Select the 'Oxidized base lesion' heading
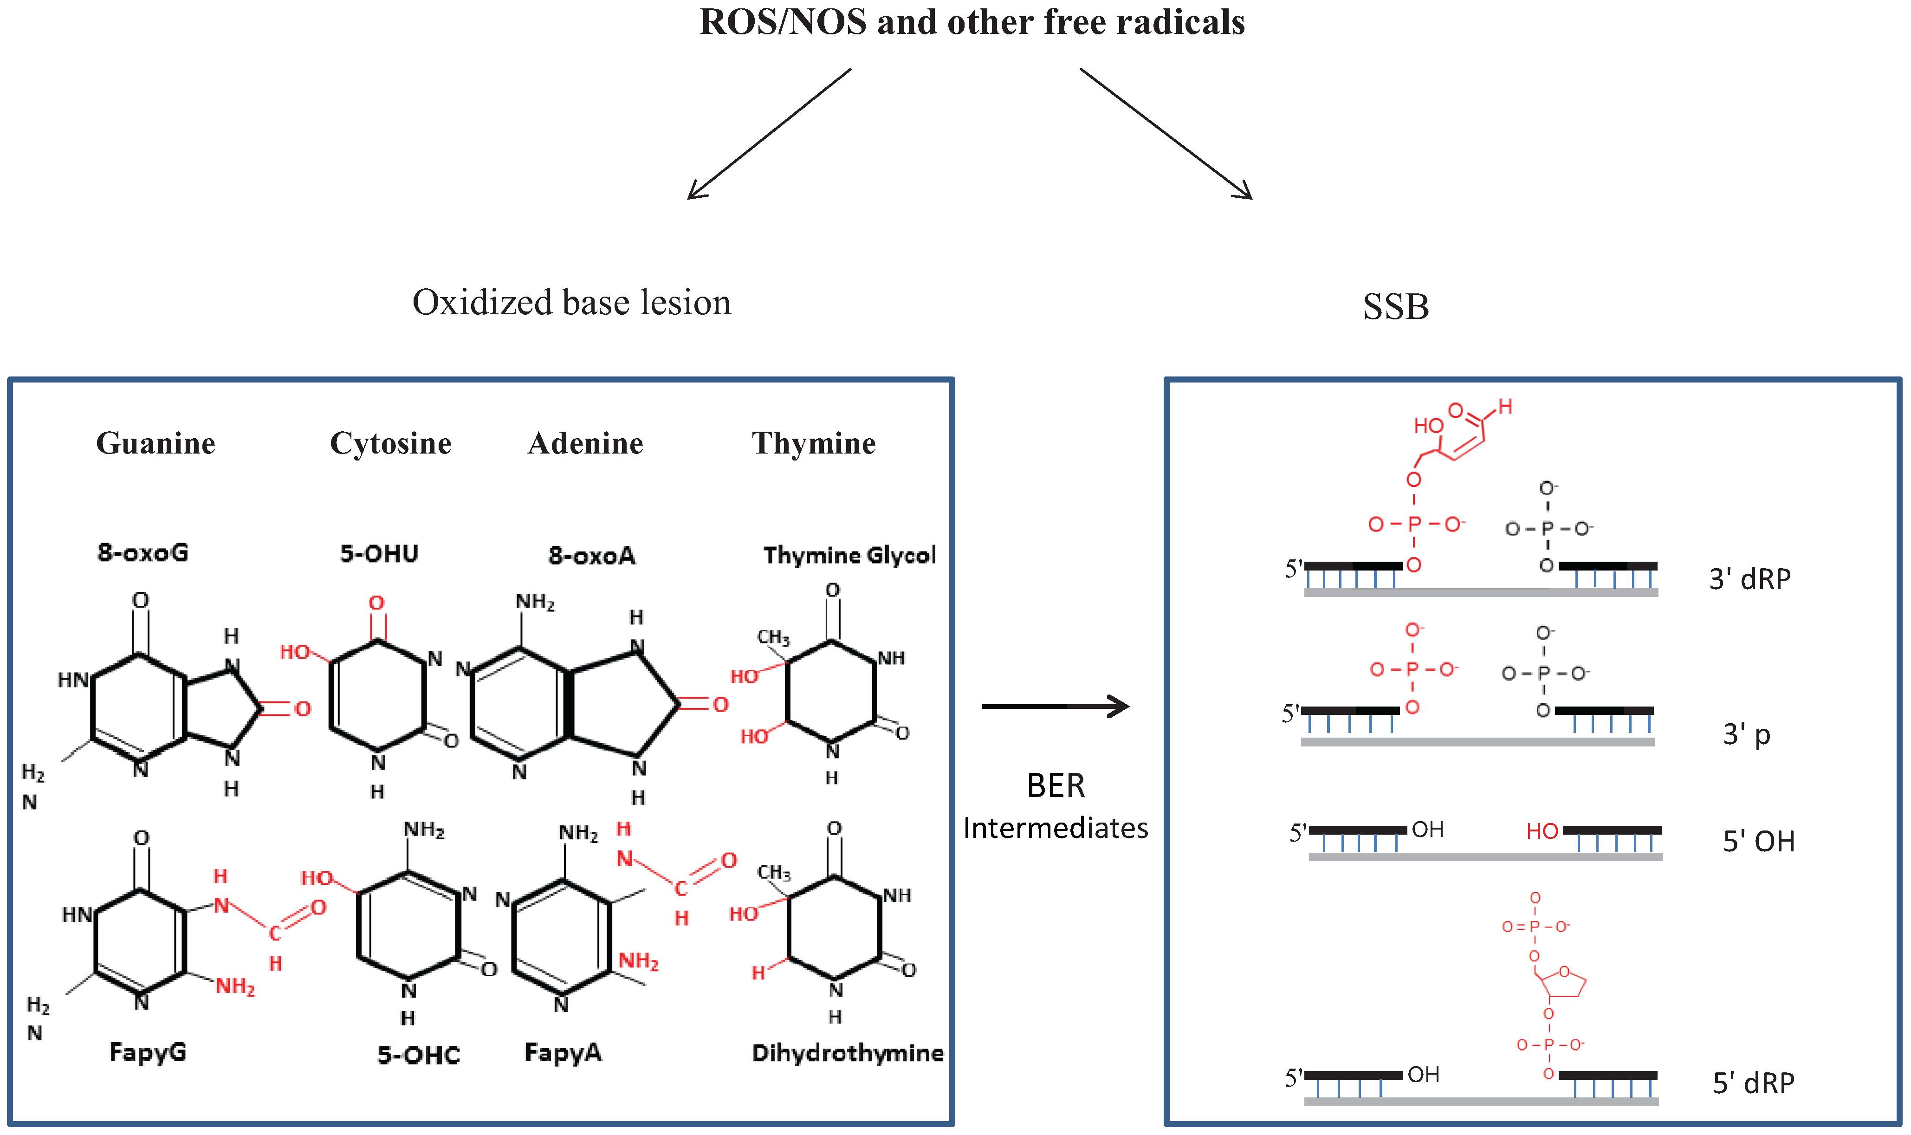(571, 303)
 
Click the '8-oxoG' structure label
(143, 552)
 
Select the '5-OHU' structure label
(379, 553)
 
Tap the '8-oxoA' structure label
(592, 555)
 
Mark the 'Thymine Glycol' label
(849, 554)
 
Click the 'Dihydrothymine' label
(847, 1053)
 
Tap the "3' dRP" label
(1749, 579)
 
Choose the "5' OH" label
(1758, 841)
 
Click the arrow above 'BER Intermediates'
(1055, 706)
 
